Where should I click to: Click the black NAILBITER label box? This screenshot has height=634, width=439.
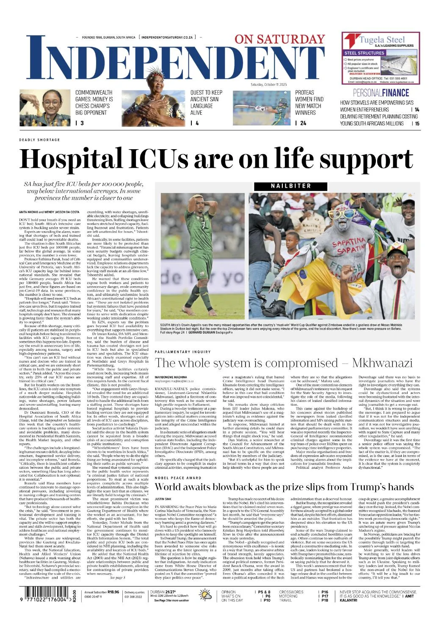coord(290,186)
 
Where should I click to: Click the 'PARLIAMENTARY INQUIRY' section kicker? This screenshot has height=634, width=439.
coord(182,352)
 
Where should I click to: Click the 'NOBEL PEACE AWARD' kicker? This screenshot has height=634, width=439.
coord(178,478)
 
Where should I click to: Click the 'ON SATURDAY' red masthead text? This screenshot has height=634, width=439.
coord(279,39)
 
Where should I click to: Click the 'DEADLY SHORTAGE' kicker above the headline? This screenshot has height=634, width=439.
coord(39,140)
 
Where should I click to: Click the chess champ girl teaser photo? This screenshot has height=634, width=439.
coord(44,108)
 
